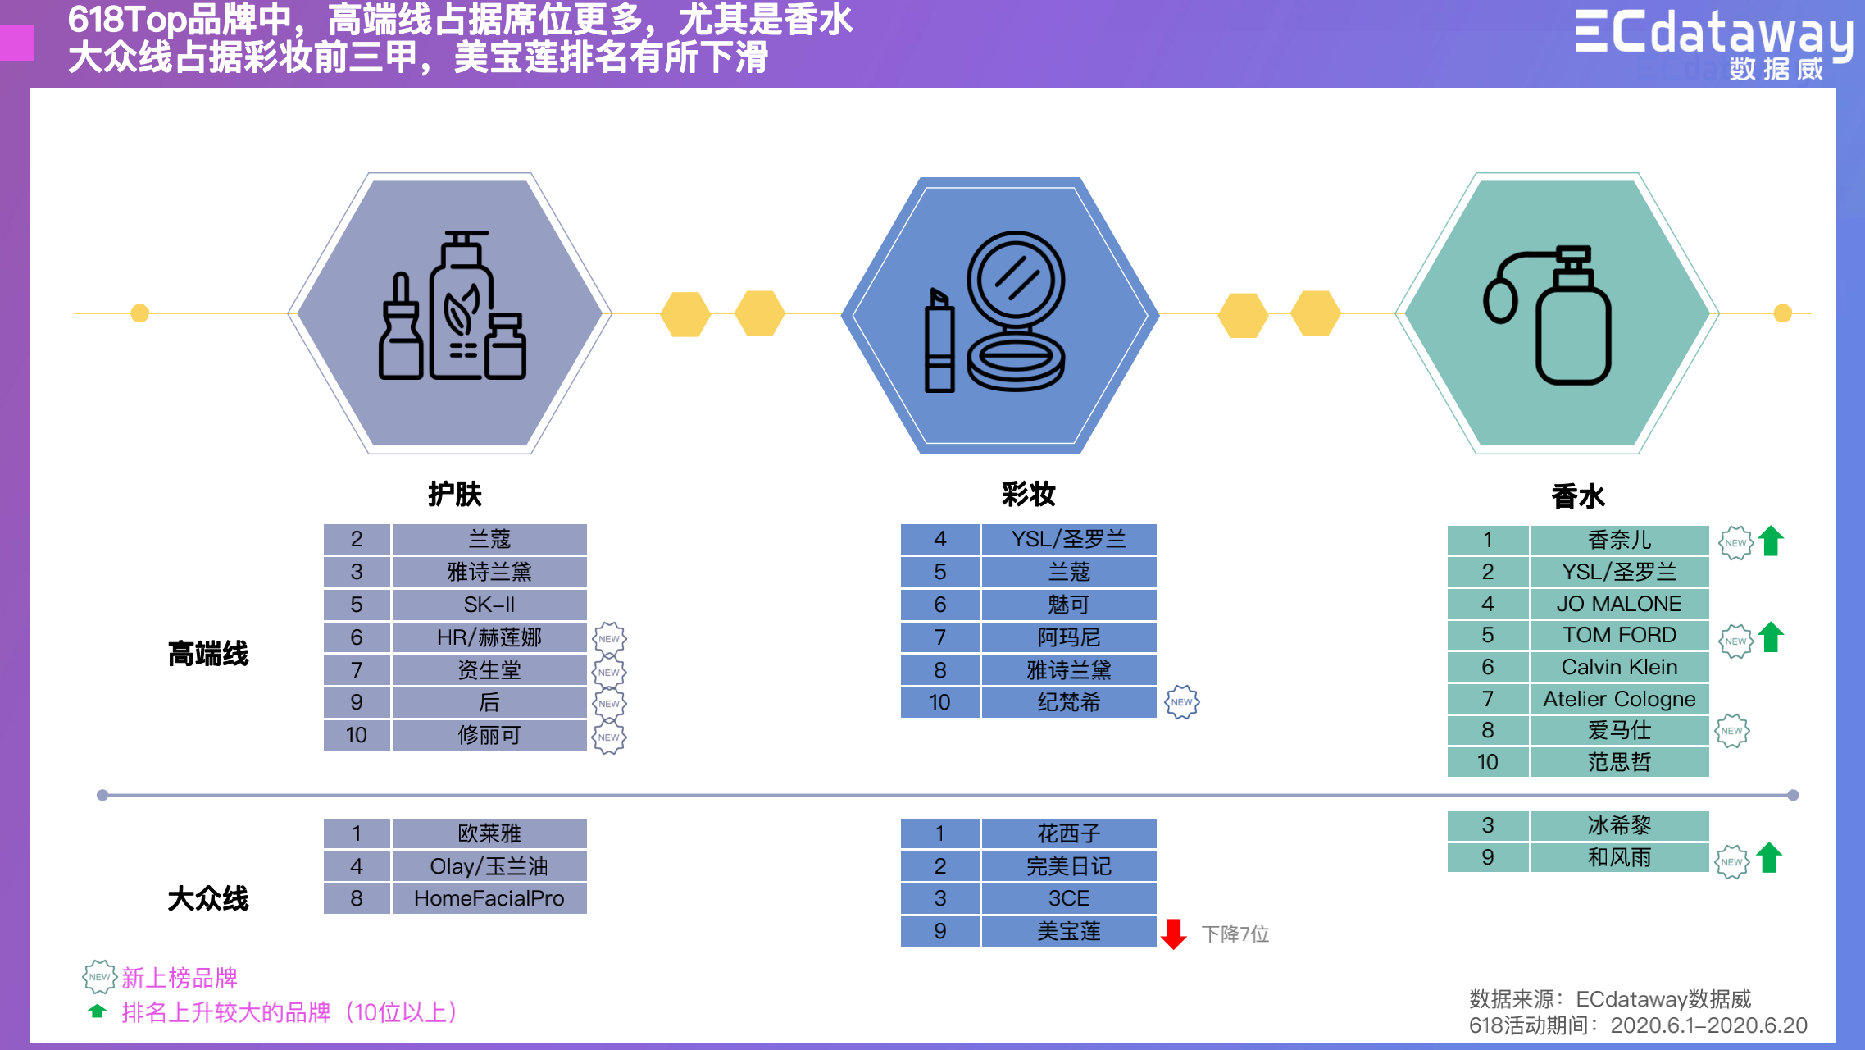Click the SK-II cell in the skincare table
click(489, 605)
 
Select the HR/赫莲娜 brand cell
click(489, 637)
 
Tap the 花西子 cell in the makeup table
click(1068, 833)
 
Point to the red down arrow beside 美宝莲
click(1174, 934)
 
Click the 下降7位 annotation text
click(1235, 934)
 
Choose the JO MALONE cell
click(1619, 604)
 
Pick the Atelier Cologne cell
click(1619, 699)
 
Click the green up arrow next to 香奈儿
click(1772, 541)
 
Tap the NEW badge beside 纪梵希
click(1182, 702)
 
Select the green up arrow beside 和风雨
click(1770, 858)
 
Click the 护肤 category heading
click(455, 494)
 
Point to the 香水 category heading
click(1578, 496)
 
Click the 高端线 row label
click(208, 654)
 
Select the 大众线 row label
click(208, 898)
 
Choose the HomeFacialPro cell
click(489, 898)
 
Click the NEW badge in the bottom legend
click(99, 977)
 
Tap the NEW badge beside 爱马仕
click(1732, 731)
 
